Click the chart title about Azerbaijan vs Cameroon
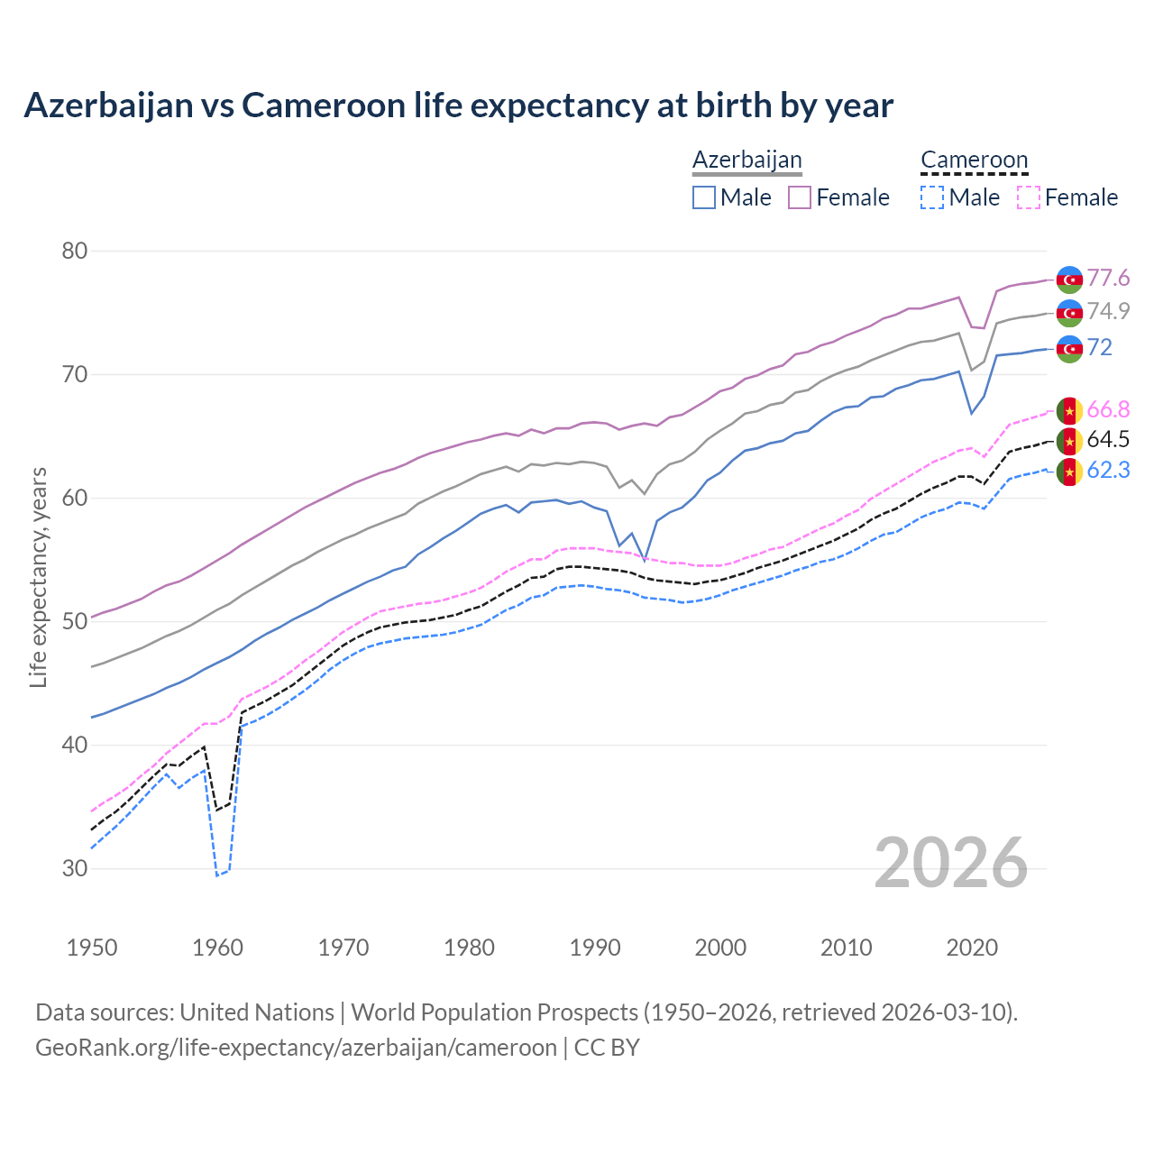tap(458, 105)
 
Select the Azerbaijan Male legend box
tap(704, 197)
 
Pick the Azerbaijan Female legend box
tap(800, 197)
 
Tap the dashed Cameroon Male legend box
tap(932, 197)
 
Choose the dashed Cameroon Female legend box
tap(1028, 197)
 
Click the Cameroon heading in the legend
tap(974, 160)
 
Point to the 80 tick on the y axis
tap(75, 251)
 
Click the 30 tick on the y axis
tap(75, 868)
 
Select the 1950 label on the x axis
tap(92, 948)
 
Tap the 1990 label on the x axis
tap(595, 948)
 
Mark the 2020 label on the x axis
tap(972, 948)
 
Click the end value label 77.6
tap(1108, 278)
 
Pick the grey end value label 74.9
tap(1108, 311)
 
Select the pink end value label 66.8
tap(1108, 410)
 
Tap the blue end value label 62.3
tap(1108, 470)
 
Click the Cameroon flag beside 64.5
tap(1069, 441)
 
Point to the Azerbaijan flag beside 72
tap(1069, 349)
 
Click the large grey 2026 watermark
tap(951, 863)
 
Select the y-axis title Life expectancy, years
tap(38, 577)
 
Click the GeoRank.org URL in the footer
tap(296, 1048)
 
